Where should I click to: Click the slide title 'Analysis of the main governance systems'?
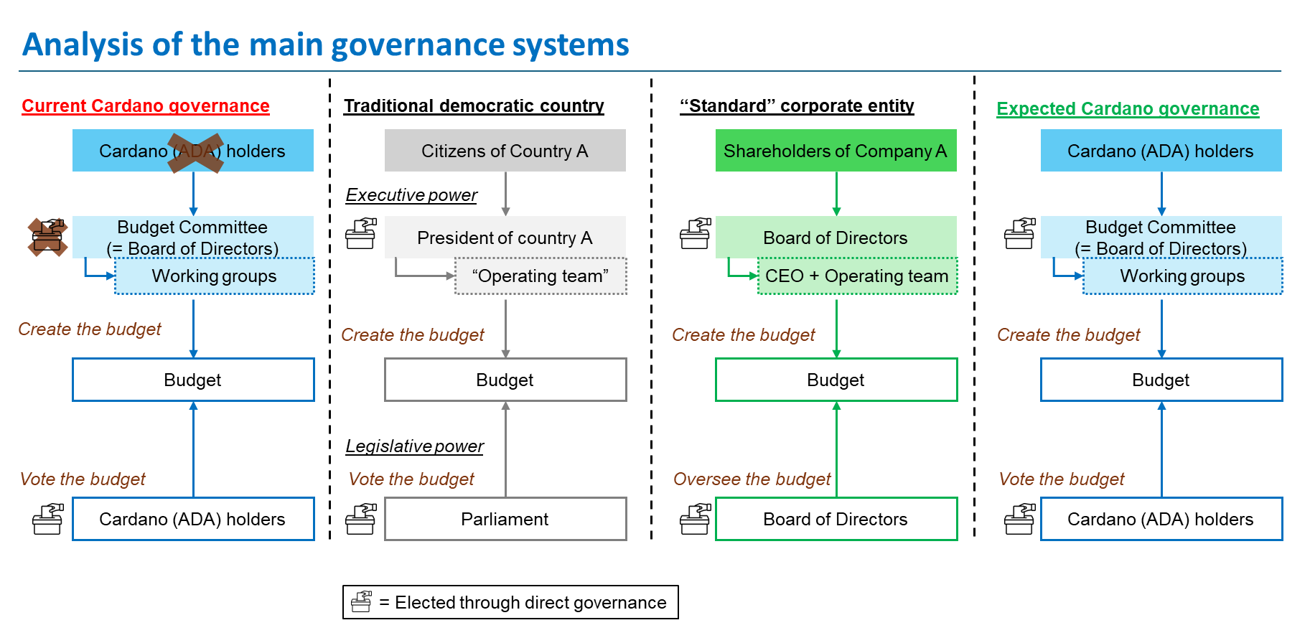[326, 44]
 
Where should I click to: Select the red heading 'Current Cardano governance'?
[146, 106]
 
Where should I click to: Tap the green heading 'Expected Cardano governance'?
[1128, 109]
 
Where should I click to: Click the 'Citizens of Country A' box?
[505, 151]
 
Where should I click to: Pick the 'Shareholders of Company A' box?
[836, 151]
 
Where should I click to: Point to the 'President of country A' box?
[505, 237]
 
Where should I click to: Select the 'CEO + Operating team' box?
[858, 276]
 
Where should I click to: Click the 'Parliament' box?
[505, 519]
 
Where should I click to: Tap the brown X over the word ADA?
[195, 152]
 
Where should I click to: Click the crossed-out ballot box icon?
[47, 237]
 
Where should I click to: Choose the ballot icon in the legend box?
[362, 602]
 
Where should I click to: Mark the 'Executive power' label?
[411, 195]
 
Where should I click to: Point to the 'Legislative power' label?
[415, 446]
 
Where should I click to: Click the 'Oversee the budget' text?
[752, 479]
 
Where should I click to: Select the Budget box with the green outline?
[836, 380]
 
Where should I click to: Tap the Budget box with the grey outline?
[505, 380]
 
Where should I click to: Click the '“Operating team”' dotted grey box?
[541, 276]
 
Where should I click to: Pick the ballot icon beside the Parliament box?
[361, 519]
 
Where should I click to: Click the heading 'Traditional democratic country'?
[474, 106]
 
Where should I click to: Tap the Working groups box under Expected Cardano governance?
[1183, 276]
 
